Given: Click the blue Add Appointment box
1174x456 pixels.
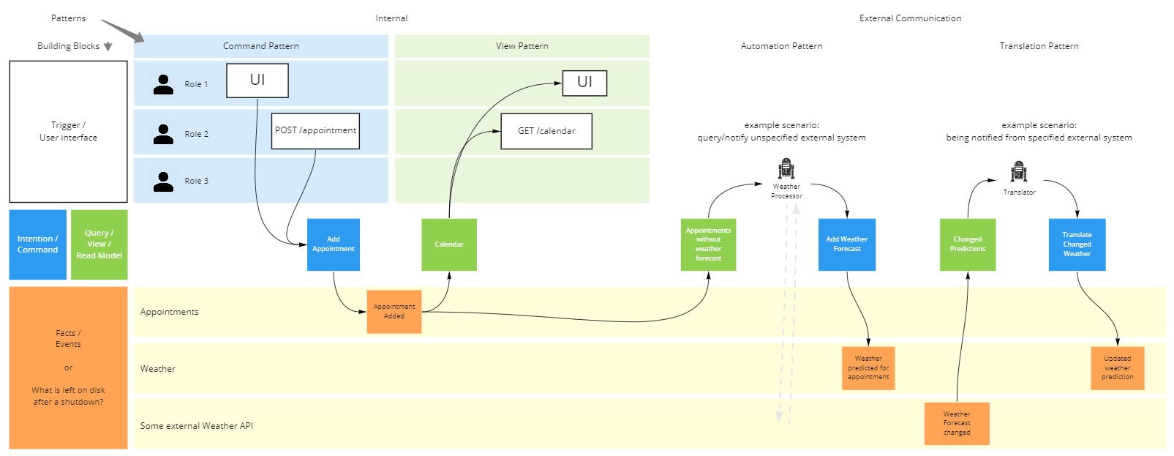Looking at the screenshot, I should pyautogui.click(x=334, y=244).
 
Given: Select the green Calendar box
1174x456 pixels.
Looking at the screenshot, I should pyautogui.click(x=449, y=244).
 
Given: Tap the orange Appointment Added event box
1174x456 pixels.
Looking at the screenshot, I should pyautogui.click(x=394, y=312).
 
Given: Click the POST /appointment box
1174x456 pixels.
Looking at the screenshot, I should pyautogui.click(x=315, y=131).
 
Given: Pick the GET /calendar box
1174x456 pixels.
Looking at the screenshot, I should pyautogui.click(x=546, y=131).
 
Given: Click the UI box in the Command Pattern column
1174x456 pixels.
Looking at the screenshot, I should pyautogui.click(x=257, y=81).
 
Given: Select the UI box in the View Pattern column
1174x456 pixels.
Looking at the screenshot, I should pyautogui.click(x=584, y=83).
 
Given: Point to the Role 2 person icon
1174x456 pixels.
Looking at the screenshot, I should pyautogui.click(x=163, y=134).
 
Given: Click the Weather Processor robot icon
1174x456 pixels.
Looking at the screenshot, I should pyautogui.click(x=786, y=169).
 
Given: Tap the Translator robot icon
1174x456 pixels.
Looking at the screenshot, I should pyautogui.click(x=1019, y=172).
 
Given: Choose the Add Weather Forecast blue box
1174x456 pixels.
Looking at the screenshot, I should pyautogui.click(x=847, y=244).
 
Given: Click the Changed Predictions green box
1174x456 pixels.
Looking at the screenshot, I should pyautogui.click(x=968, y=244).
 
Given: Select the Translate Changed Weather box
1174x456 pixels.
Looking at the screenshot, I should pyautogui.click(x=1077, y=244).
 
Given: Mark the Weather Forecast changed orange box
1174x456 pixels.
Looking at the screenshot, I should pyautogui.click(x=957, y=423).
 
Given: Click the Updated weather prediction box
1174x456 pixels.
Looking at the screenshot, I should pyautogui.click(x=1117, y=368).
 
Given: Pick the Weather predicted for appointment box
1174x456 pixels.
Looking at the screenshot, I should pyautogui.click(x=868, y=368).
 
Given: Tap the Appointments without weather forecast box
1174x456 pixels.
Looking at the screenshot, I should pyautogui.click(x=708, y=244).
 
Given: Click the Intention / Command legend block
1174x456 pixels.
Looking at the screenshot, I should pyautogui.click(x=38, y=244).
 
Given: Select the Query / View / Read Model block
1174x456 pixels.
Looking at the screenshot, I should pyautogui.click(x=99, y=244).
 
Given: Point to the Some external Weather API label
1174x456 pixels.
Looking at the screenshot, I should pyautogui.click(x=197, y=426).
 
